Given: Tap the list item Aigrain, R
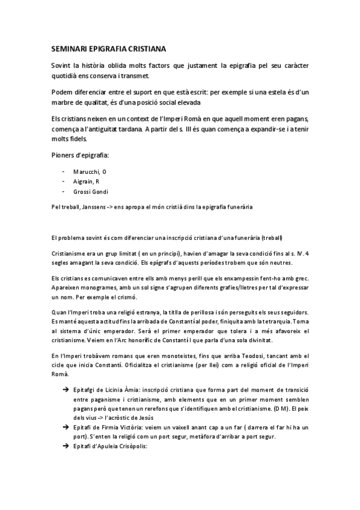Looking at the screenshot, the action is coord(87,181).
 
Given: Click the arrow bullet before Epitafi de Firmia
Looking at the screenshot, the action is coord(64,426).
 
